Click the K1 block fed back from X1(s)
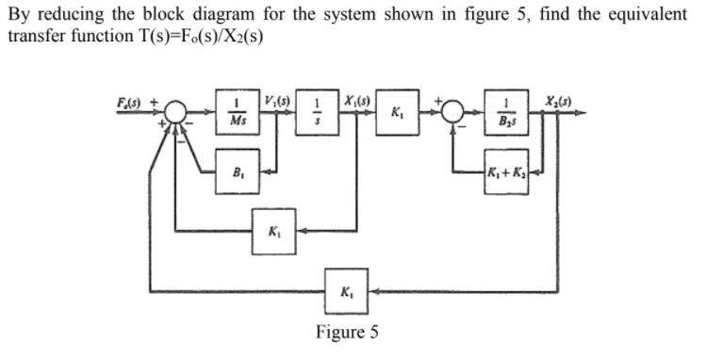coord(271,231)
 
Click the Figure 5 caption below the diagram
coord(346,332)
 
